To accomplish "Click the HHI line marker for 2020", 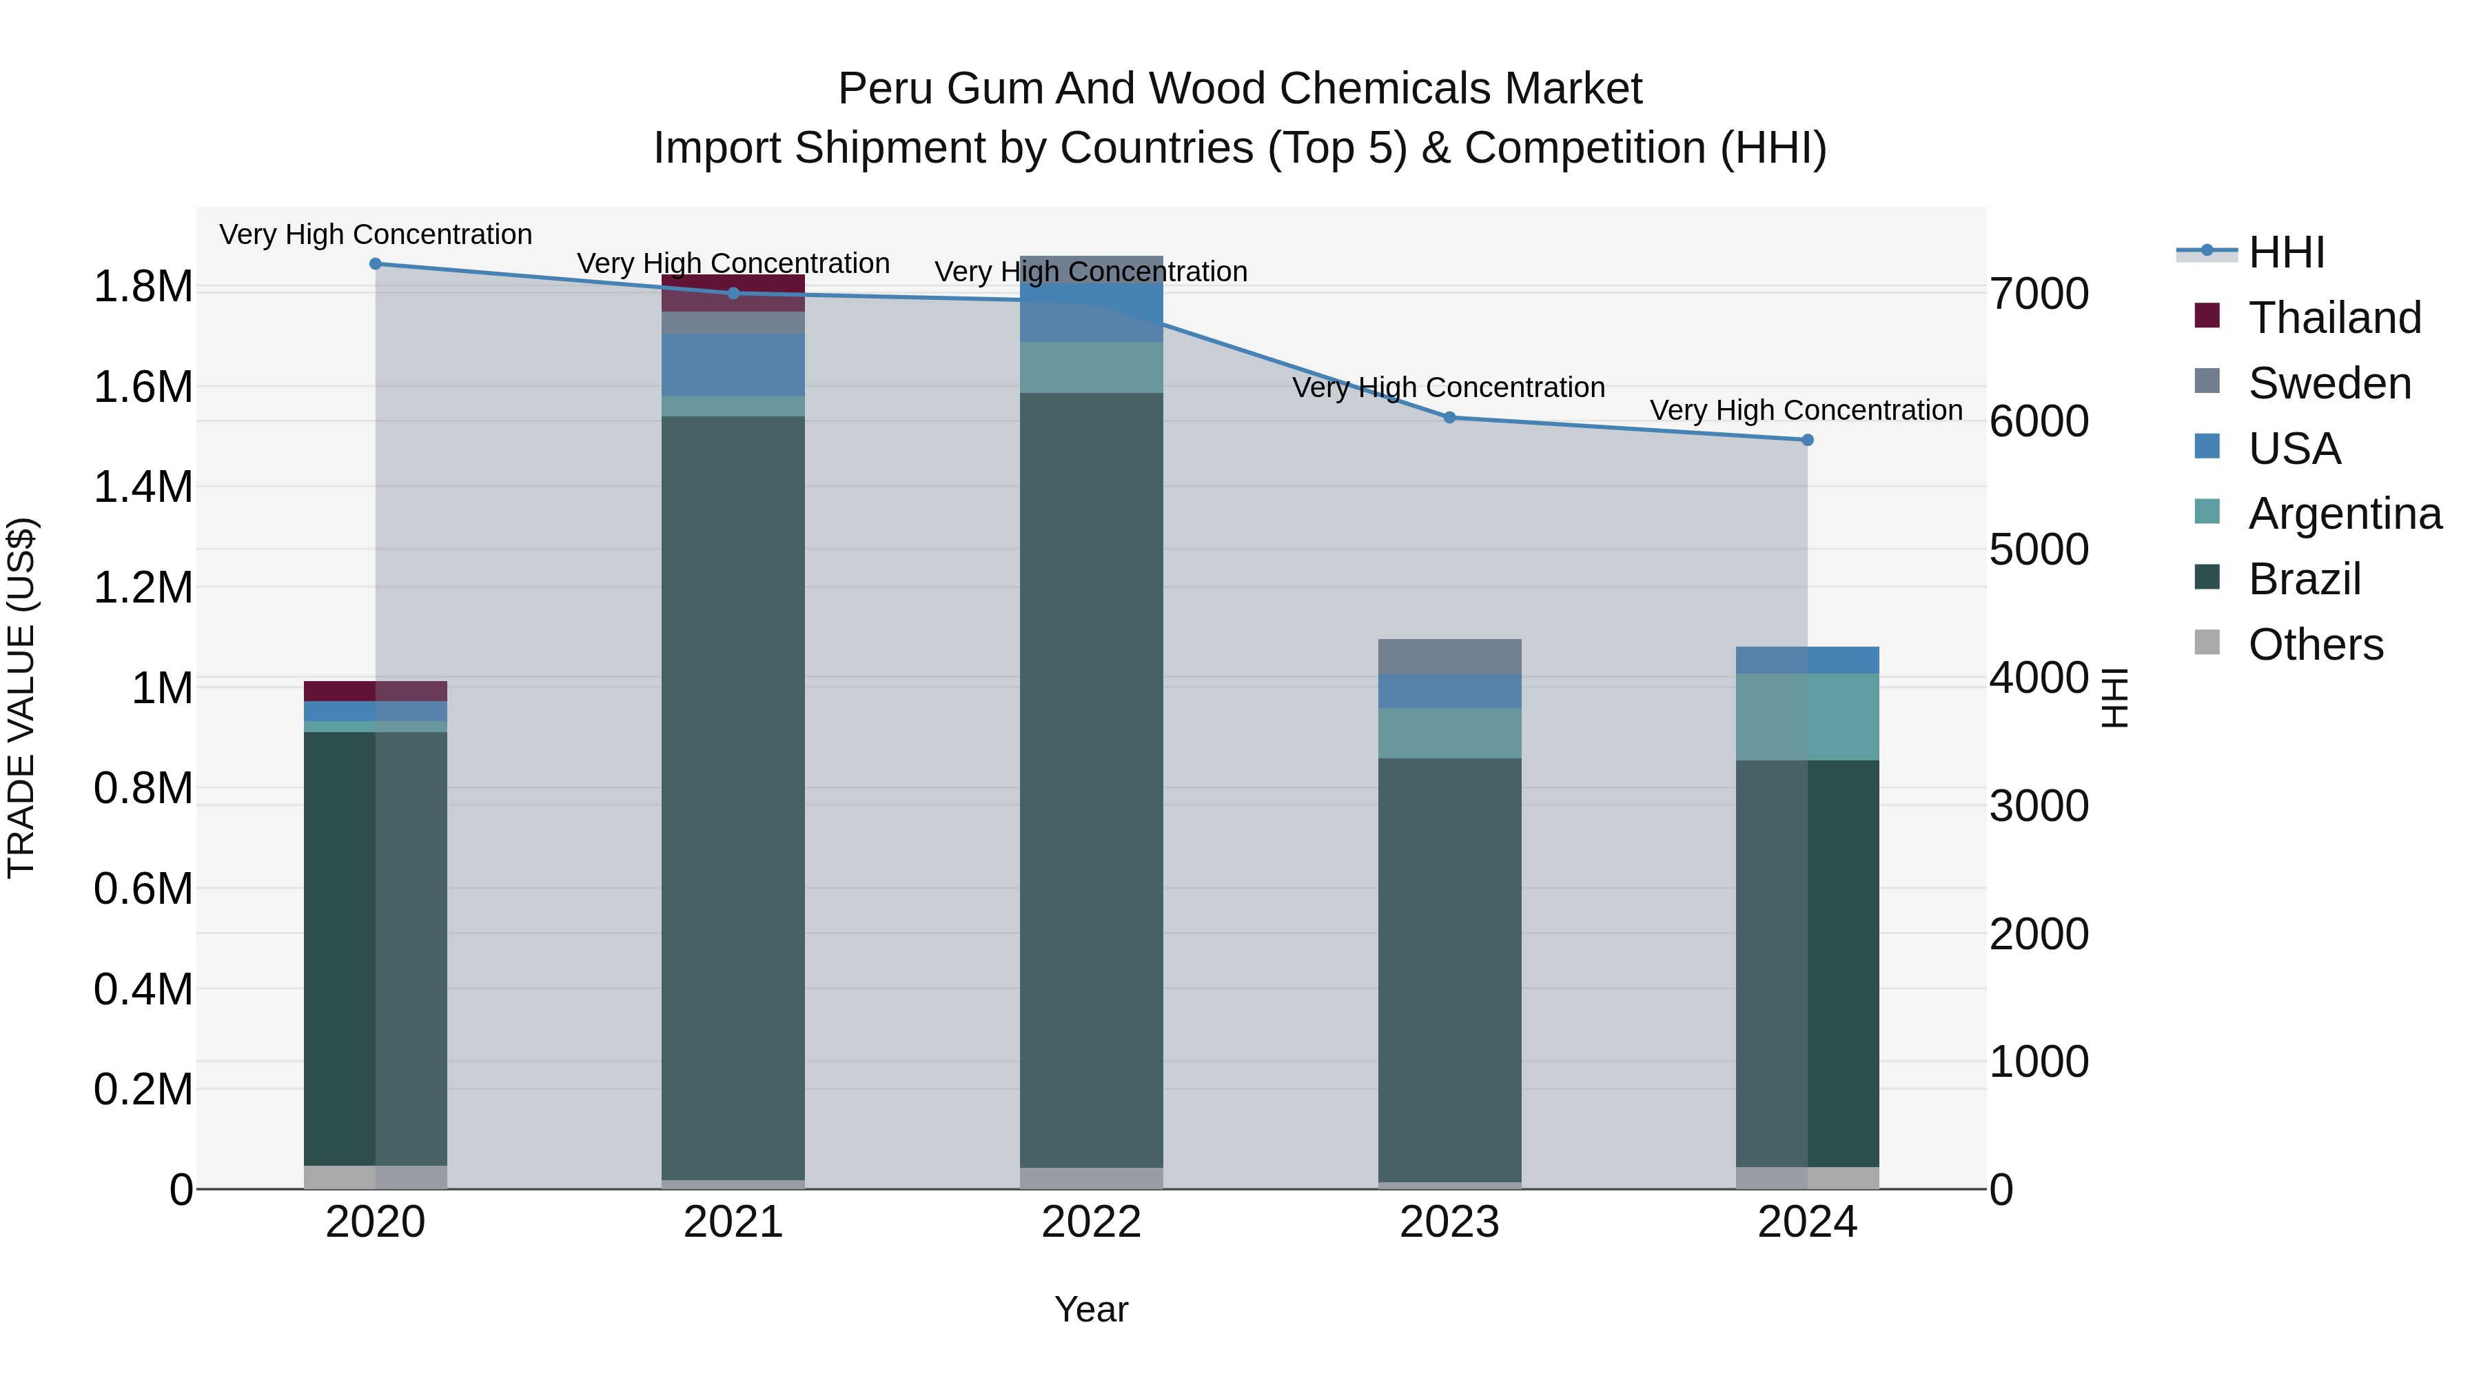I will coord(376,264).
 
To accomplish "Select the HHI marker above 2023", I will coord(1449,417).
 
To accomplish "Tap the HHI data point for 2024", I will coord(1808,441).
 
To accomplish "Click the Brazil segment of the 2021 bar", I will coord(733,798).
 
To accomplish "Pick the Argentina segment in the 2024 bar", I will coord(1808,717).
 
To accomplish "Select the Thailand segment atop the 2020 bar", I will coord(376,691).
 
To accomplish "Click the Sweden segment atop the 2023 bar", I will coord(1449,656).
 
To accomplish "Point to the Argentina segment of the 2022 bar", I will coord(1091,367).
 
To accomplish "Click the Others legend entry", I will coord(2316,645).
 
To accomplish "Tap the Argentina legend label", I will coord(2345,514).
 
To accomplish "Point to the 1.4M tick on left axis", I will coord(143,487).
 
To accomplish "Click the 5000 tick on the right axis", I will coord(2039,550).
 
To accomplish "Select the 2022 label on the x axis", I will coord(1091,1222).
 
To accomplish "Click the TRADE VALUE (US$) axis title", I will coord(21,698).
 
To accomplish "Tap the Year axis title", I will coord(1091,1309).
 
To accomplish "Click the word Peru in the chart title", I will coord(884,89).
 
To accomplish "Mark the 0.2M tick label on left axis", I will coord(143,1090).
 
